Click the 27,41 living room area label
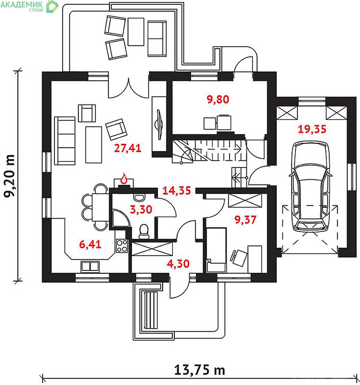coord(128,148)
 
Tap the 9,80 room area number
coord(218,100)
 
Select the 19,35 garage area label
coord(312,129)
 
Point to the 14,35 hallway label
coord(177,191)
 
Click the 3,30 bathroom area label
coord(141,209)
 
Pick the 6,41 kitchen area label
coord(90,244)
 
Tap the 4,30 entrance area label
coord(178,264)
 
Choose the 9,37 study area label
coord(245,219)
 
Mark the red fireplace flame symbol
coord(124,178)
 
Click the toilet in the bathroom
coord(144,231)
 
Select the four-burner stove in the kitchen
coord(122,246)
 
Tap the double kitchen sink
coord(90,267)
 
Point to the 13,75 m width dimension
coord(199,370)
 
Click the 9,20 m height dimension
coord(9,176)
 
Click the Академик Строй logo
coord(29,6)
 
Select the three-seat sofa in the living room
coord(65,141)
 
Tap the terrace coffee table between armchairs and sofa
coord(136,32)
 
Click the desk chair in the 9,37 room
coord(238,258)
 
